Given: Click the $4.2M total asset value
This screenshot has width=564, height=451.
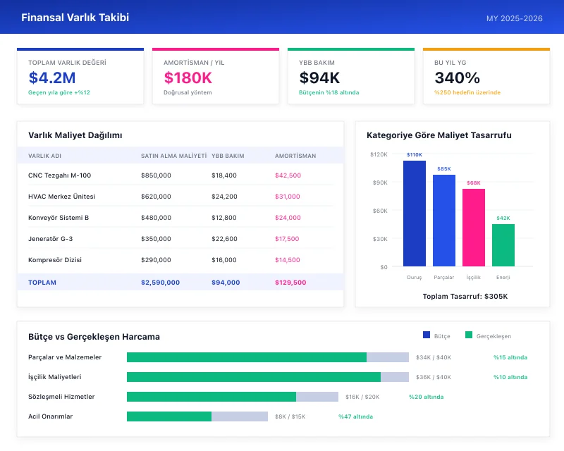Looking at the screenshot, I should click(x=52, y=78).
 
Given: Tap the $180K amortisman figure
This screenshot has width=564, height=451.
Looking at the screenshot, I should click(x=188, y=78).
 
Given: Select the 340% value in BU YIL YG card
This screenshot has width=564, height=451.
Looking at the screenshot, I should click(x=457, y=78).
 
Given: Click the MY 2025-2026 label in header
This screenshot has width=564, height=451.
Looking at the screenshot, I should click(x=515, y=18).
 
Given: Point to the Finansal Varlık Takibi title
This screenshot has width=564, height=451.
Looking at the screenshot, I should click(x=75, y=18).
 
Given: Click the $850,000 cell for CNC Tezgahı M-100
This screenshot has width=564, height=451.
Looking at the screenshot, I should click(x=156, y=175).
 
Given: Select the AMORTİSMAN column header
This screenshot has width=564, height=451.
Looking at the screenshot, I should click(x=295, y=156).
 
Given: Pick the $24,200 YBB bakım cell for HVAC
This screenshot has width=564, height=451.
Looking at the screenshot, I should click(x=224, y=197).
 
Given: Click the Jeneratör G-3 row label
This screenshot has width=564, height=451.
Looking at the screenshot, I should click(x=50, y=239).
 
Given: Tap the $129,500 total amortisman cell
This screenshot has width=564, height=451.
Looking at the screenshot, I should click(x=290, y=283).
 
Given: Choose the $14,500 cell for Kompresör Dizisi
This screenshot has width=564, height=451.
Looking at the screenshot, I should click(x=288, y=260).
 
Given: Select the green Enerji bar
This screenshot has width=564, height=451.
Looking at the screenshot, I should click(x=503, y=245).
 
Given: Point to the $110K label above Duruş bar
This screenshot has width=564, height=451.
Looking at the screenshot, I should click(x=415, y=155).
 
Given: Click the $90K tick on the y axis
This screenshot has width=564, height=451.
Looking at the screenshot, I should click(x=379, y=183).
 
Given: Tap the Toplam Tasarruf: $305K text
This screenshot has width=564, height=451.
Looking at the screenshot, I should click(x=465, y=296).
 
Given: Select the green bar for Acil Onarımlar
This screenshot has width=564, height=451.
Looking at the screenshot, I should click(x=169, y=416).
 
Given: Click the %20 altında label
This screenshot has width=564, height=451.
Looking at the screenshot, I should click(x=426, y=397).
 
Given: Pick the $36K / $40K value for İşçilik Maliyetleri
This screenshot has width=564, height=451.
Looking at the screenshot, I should click(x=433, y=377).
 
